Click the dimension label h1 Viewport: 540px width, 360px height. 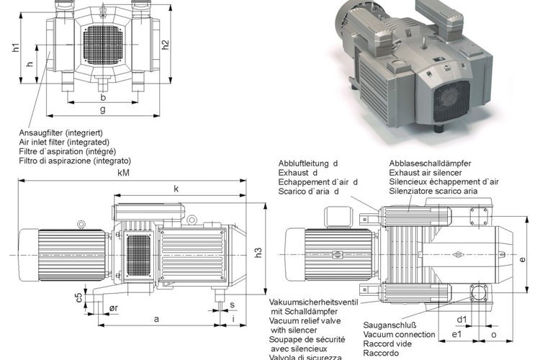16,48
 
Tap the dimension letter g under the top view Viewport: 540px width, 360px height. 103,109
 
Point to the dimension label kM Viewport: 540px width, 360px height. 124,174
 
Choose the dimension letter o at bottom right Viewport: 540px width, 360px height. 493,336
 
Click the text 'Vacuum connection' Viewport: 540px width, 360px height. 399,335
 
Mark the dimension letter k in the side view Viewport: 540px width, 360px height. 175,189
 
